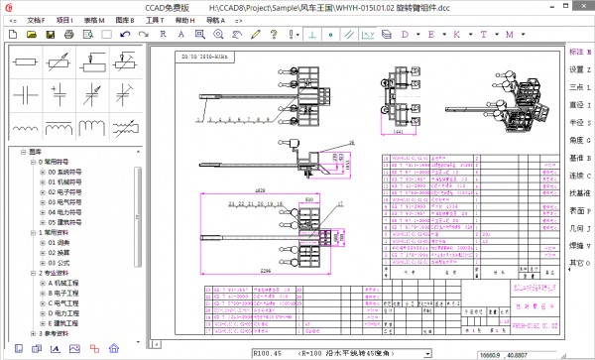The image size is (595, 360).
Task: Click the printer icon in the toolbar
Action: point(67,35)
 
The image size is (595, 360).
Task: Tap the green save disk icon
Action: point(50,35)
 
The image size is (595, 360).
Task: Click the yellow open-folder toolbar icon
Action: point(32,35)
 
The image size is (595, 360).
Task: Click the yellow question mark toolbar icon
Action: point(274,35)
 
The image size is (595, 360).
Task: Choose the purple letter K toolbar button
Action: point(457,35)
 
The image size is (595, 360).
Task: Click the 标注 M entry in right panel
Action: point(579,52)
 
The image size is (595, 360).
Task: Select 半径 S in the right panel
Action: point(579,122)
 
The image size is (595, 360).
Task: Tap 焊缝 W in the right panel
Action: point(579,245)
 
